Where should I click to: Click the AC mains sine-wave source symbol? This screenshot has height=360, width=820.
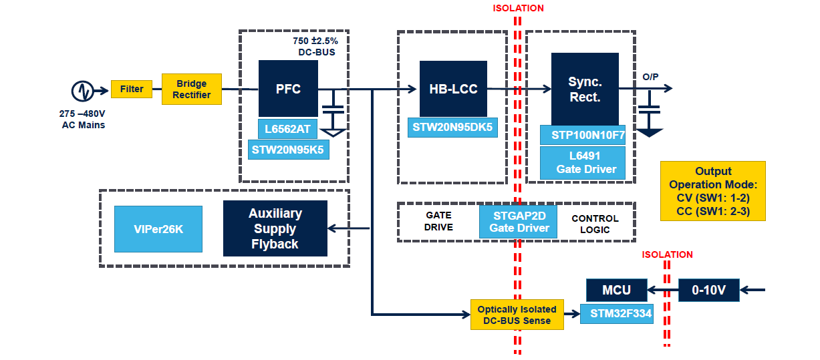(x=82, y=91)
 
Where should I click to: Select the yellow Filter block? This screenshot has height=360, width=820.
(x=132, y=89)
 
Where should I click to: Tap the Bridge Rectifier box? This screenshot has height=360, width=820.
(x=191, y=89)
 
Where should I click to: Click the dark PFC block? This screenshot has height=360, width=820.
(x=288, y=89)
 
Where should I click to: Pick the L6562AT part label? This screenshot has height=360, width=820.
(x=287, y=129)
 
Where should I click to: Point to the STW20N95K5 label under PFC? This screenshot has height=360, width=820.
(x=289, y=150)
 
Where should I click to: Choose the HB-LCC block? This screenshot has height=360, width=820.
(x=453, y=89)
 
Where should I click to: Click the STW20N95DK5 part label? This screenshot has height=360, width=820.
(x=452, y=128)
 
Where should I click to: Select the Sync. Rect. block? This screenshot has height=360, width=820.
(x=585, y=89)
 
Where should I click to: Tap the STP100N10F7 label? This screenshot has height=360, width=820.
(x=583, y=135)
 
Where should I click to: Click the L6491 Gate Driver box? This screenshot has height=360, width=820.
(x=583, y=163)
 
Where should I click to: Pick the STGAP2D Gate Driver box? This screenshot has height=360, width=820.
(x=519, y=222)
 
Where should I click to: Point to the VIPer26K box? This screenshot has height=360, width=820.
(x=158, y=229)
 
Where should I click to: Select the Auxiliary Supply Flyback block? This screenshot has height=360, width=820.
(x=275, y=228)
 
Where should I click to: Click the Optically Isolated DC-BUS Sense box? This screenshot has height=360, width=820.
(x=517, y=315)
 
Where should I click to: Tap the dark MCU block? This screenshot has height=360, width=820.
(x=616, y=290)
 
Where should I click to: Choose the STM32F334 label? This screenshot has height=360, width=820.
(x=616, y=313)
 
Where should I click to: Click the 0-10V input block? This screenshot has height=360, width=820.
(x=708, y=290)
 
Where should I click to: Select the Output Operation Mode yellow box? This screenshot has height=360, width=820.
(x=713, y=191)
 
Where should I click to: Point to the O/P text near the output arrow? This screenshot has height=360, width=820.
(x=650, y=77)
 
